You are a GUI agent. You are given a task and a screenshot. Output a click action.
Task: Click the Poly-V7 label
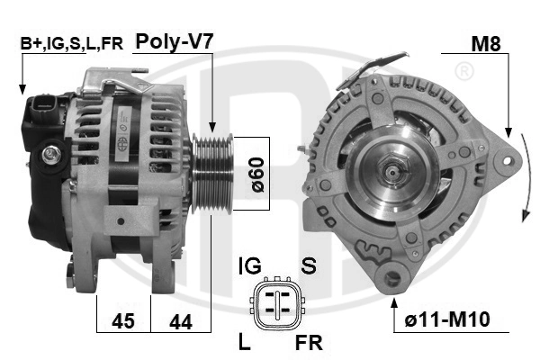tap(175, 42)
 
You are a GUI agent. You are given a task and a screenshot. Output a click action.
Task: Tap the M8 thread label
tap(486, 44)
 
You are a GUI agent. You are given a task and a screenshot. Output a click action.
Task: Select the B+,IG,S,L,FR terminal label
tap(72, 44)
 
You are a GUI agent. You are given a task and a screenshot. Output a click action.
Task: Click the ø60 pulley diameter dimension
tap(257, 175)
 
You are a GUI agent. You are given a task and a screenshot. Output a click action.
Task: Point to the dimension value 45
tap(123, 321)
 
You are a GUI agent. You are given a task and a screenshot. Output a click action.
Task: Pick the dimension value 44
tap(181, 322)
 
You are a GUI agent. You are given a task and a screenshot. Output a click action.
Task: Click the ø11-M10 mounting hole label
tap(447, 319)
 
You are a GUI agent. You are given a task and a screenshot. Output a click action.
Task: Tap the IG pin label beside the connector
tap(250, 266)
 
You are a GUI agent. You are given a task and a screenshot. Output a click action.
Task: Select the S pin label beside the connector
tap(309, 266)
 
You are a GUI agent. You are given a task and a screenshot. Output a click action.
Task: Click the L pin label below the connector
tap(244, 342)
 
